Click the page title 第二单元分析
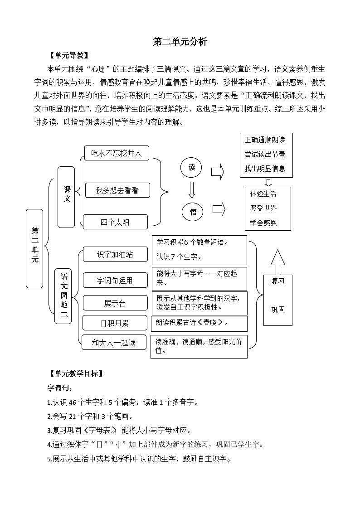point(180,42)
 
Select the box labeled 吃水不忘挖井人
point(117,153)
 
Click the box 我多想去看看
point(117,190)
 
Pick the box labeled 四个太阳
point(115,222)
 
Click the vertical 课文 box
point(67,196)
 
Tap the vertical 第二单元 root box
point(34,248)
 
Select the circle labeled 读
point(192,168)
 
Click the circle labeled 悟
point(193,211)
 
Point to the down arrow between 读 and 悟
point(192,189)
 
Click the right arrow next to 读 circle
point(218,171)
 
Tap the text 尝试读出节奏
point(265,154)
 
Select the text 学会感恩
point(263,223)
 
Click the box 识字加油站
point(115,254)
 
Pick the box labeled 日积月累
point(114,323)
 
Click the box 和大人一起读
point(114,343)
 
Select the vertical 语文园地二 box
point(63,296)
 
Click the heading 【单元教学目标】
point(76,374)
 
